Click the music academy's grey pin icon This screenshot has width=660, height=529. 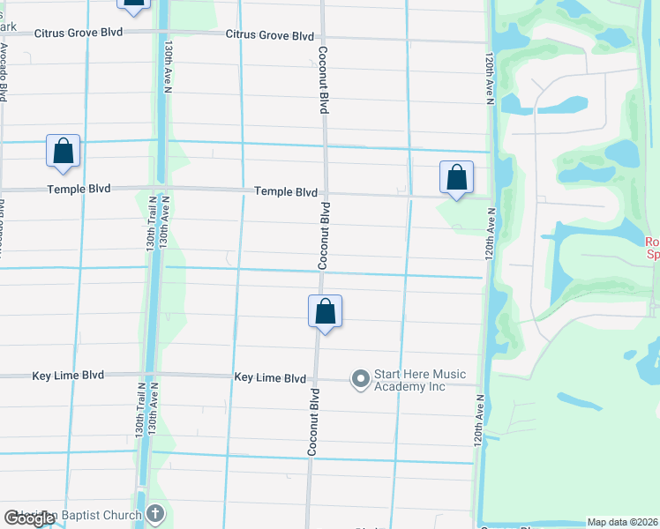[360, 380]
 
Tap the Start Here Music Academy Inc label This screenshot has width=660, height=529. [419, 380]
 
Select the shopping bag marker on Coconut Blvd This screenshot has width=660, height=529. [325, 311]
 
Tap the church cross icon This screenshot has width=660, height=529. [155, 514]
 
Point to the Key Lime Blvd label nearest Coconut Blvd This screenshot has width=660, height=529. [270, 377]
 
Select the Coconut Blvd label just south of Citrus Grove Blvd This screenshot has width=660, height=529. [324, 79]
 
